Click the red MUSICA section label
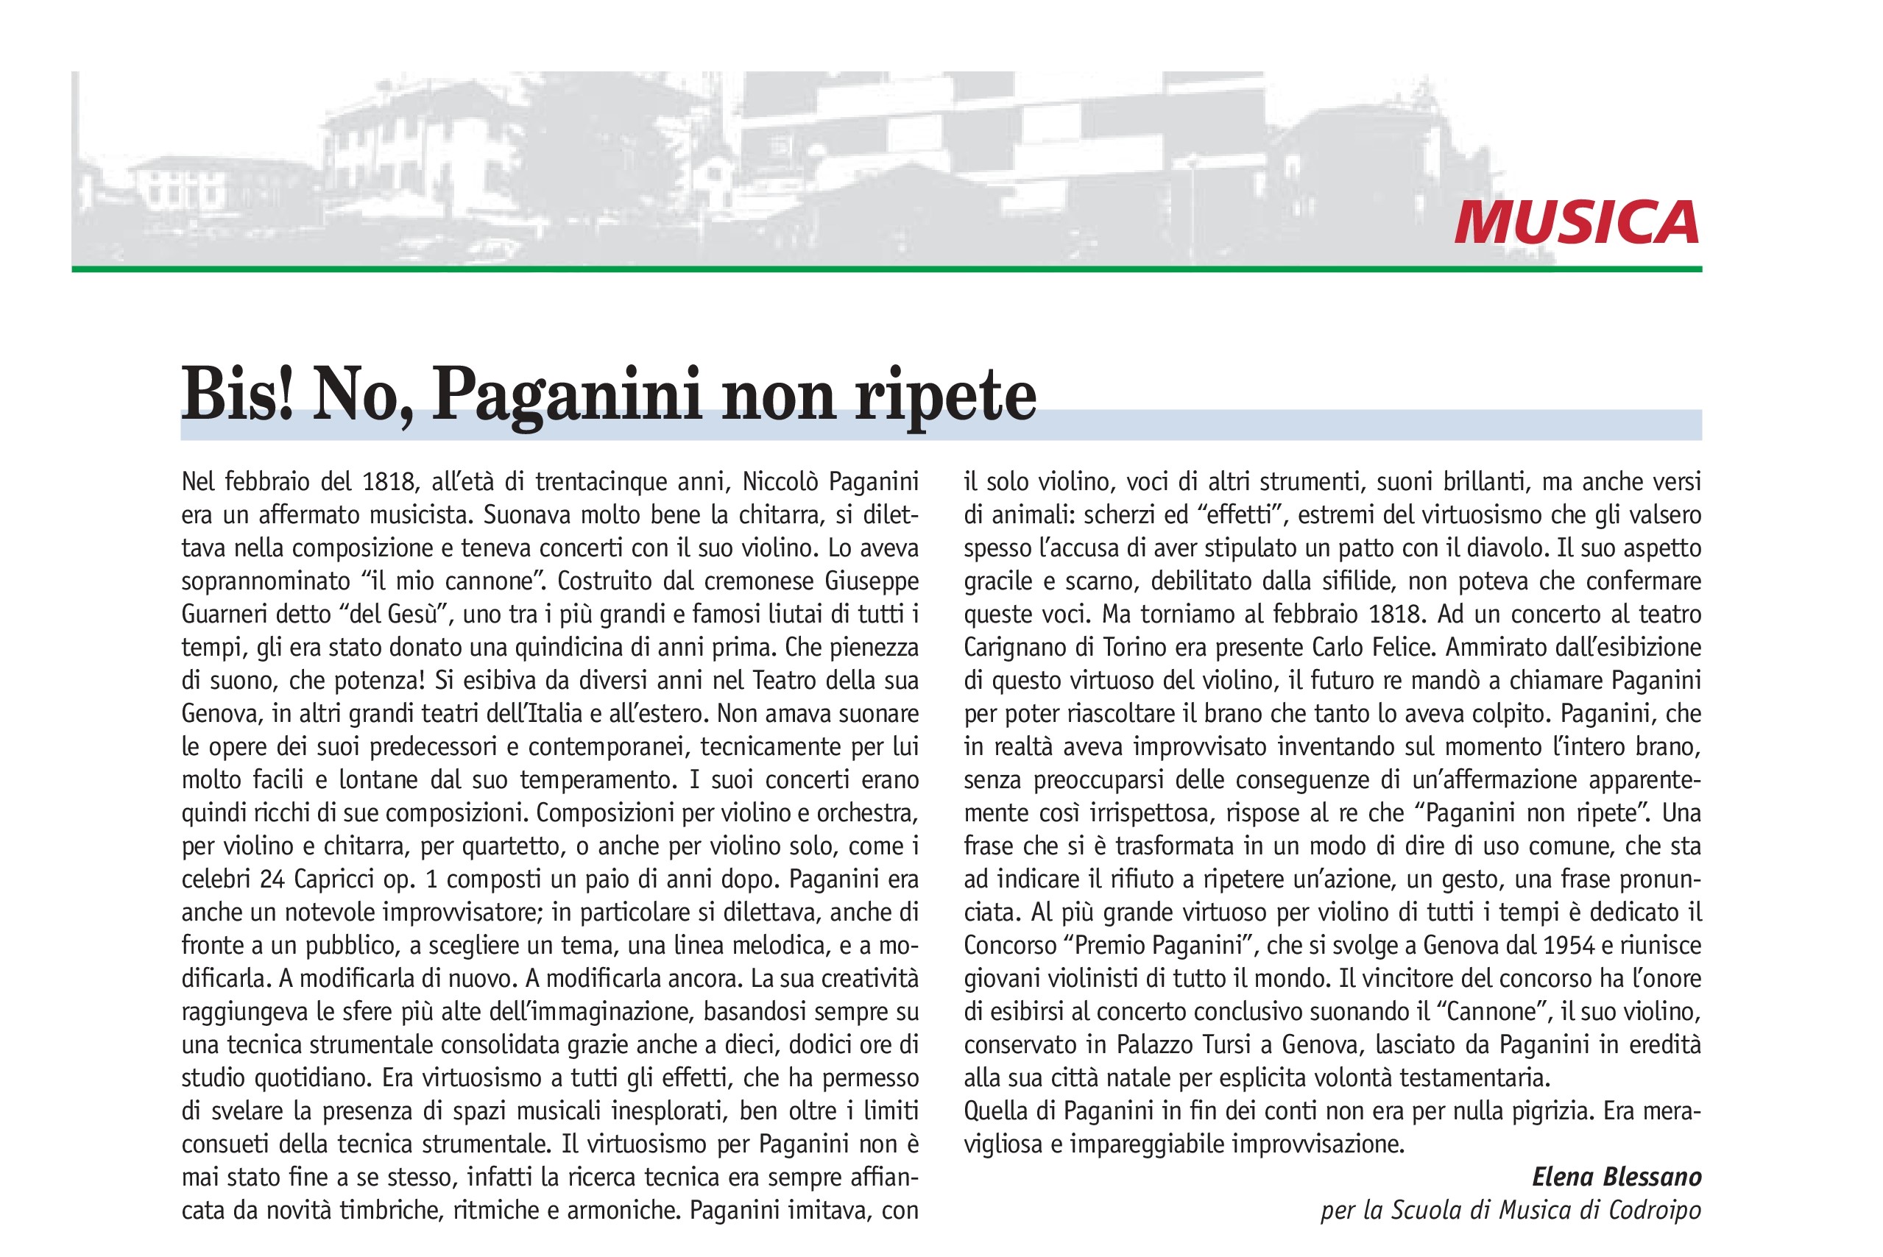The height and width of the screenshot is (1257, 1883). pyautogui.click(x=1576, y=222)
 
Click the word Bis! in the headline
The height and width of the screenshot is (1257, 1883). pyautogui.click(x=236, y=394)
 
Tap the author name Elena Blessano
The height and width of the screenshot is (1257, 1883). pyautogui.click(x=1616, y=1177)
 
